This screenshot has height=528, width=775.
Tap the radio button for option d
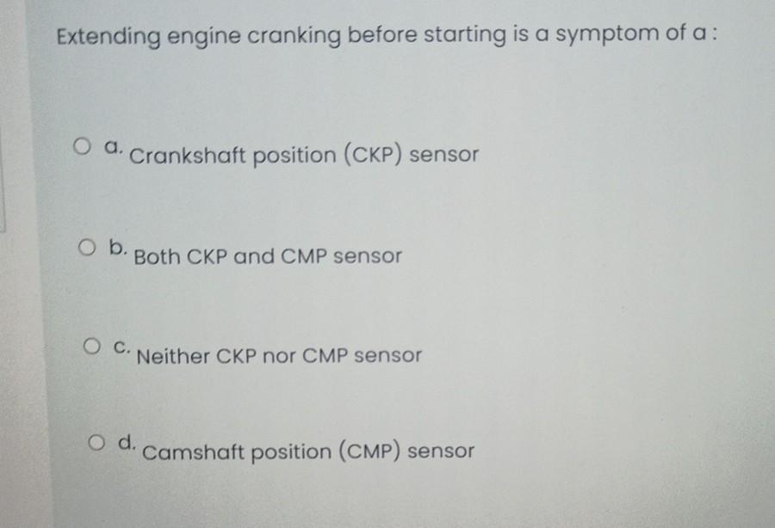pos(96,443)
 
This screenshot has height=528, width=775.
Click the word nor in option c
pos(278,355)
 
